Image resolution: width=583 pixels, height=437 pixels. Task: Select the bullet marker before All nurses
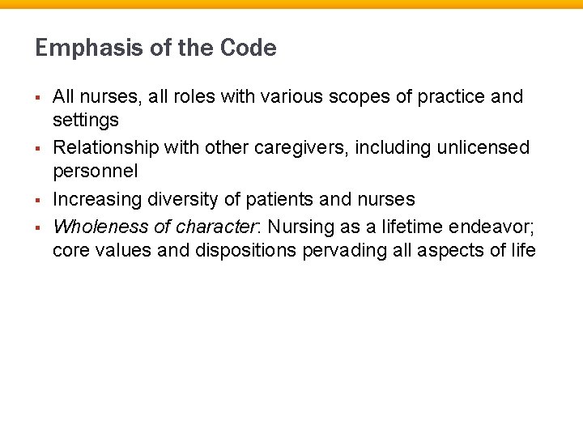[x=39, y=98]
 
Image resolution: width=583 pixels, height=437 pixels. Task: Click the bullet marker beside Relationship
[x=39, y=148]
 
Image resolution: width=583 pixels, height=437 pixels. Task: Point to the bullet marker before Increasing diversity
[x=39, y=199]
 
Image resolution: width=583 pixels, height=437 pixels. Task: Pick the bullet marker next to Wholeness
[x=39, y=224]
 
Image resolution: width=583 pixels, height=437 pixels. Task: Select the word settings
[x=85, y=120]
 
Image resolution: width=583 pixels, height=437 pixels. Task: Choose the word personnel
[x=96, y=172]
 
